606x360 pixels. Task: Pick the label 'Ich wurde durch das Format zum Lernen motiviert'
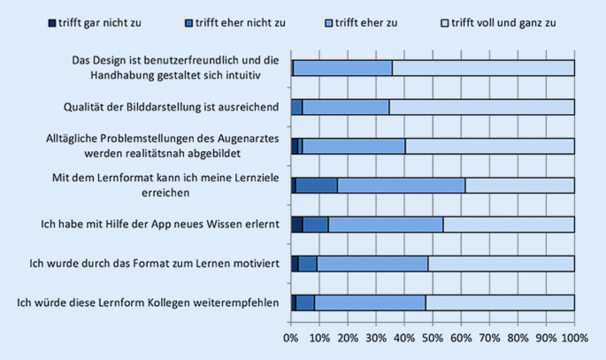(155, 264)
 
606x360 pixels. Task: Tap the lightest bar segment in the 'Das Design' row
(483, 67)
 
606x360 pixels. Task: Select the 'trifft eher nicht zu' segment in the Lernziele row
(317, 185)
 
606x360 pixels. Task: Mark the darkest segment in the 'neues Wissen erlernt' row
(296, 225)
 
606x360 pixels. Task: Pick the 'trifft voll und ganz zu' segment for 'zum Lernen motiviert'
(501, 264)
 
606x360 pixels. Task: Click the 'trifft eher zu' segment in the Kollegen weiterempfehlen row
(370, 303)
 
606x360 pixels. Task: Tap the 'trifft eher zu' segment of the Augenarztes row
(354, 146)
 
